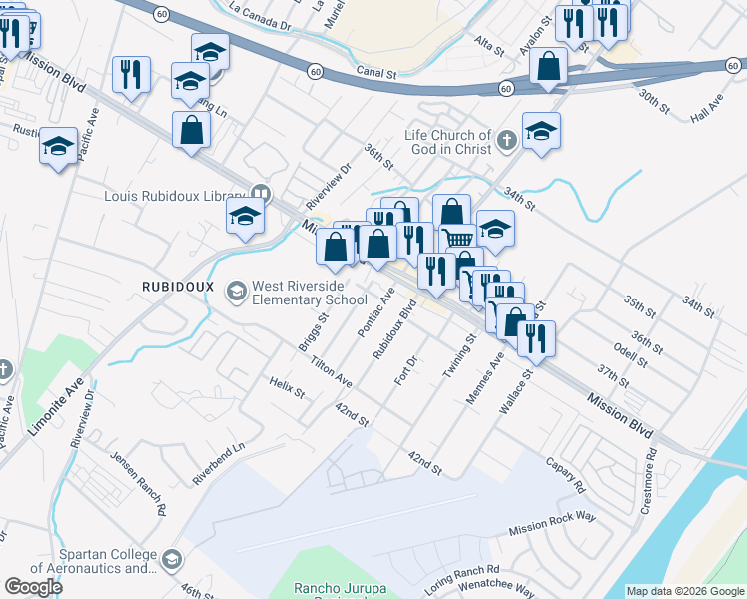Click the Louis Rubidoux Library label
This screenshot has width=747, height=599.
[174, 196]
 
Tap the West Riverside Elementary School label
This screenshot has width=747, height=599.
[309, 293]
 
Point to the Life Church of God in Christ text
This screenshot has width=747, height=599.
[448, 142]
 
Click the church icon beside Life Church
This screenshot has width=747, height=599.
[506, 141]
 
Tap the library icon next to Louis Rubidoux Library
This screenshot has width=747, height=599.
[261, 195]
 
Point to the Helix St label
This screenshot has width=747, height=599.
[286, 387]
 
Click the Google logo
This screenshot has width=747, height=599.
[33, 587]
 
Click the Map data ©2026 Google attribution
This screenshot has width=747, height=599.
[684, 591]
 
